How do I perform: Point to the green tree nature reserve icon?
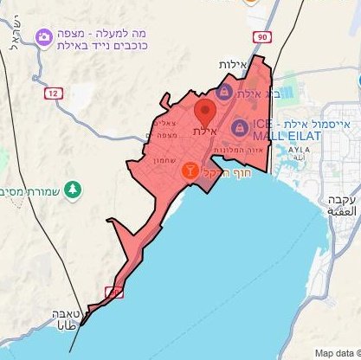pos(74,188)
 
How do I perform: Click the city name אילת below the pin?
pos(203,132)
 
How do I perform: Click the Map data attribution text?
pos(337,353)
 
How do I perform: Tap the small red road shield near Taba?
pos(113,292)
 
